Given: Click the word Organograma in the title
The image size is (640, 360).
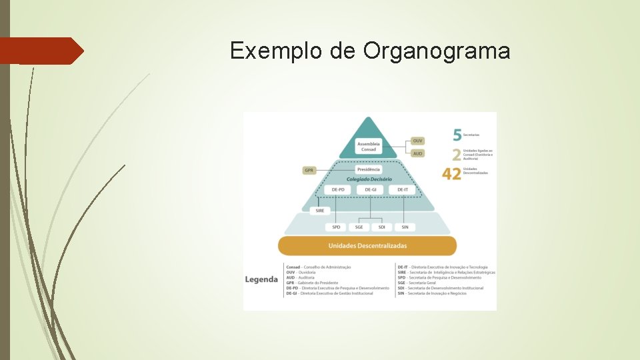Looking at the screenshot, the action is point(437,51).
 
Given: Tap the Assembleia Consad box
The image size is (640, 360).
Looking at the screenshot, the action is point(368,146).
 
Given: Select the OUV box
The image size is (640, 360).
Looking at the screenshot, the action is point(417,141).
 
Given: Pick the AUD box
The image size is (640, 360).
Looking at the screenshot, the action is point(417,153).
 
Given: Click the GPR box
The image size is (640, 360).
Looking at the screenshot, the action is point(309,170).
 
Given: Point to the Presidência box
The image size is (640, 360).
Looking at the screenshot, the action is point(369,170).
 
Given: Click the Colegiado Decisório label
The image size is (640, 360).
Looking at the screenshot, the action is point(369,179).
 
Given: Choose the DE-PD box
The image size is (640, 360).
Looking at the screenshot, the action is point(338,190).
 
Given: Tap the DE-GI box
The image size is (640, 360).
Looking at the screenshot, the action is point(370,190).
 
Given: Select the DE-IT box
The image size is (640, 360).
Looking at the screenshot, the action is point(402,190).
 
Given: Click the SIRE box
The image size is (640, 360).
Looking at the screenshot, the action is point(319,211).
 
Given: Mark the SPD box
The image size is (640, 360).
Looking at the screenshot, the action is point(336,227).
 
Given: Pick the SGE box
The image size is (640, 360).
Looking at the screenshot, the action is point(359,227).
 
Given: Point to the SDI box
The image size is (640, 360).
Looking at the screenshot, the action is point(382,227).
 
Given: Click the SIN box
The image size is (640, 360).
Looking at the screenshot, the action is point(405,227).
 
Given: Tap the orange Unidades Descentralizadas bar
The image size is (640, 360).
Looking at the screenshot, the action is point(367,245).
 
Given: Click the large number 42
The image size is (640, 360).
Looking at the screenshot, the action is point(451,173).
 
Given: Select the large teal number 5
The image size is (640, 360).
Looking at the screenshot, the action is point(457,135).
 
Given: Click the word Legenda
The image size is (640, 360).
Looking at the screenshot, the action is point(261,279).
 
